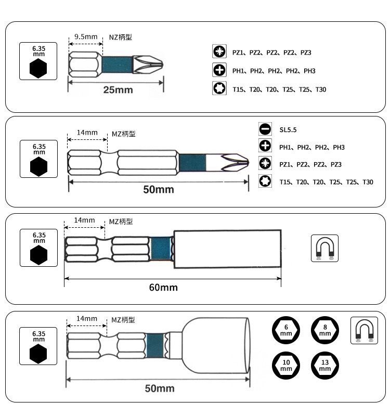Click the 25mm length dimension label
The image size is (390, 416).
[x=118, y=90]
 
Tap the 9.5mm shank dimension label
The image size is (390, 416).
[x=86, y=36]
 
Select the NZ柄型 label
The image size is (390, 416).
[x=121, y=37]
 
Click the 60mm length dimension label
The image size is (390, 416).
[x=163, y=288]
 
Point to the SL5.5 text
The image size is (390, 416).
[x=288, y=129]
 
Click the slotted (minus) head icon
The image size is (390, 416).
[x=265, y=129]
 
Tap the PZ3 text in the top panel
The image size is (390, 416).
[x=306, y=53]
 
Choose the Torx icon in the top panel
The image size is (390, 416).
[x=219, y=88]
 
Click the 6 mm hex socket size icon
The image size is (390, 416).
[x=286, y=330]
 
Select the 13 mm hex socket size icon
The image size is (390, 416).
[x=325, y=366]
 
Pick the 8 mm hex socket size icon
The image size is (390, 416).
[x=325, y=330]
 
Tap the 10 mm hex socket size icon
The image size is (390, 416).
[x=286, y=366]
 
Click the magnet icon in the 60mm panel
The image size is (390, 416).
[x=324, y=249]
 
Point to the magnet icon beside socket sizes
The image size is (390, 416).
[x=365, y=330]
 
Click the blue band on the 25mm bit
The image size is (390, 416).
[x=118, y=64]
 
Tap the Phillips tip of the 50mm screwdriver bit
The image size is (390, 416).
[x=235, y=162]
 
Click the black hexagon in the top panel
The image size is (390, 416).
[x=38, y=69]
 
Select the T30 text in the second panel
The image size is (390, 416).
[x=368, y=182]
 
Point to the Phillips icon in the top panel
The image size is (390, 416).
[x=219, y=70]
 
